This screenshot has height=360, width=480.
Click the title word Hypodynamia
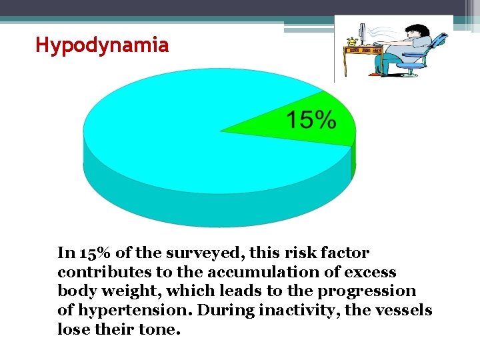[x=102, y=46]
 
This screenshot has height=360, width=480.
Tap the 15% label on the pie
[x=311, y=121]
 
